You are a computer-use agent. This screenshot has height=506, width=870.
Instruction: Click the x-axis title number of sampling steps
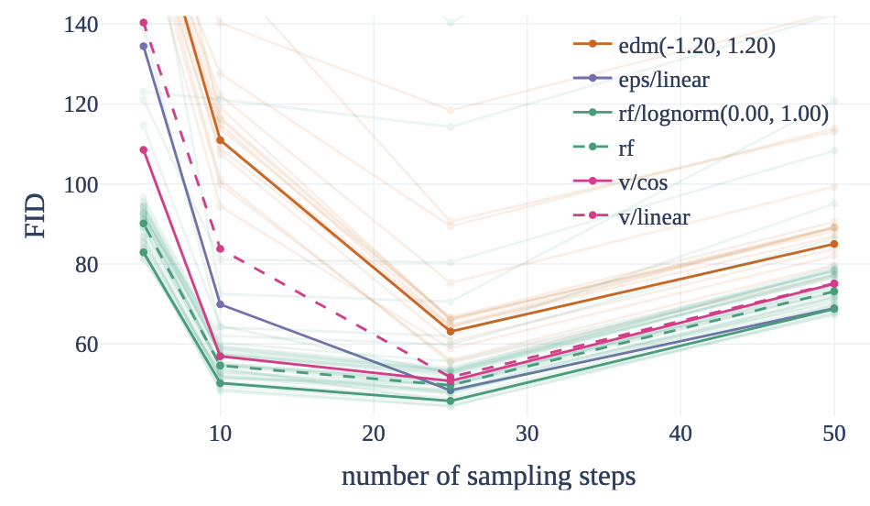pos(488,477)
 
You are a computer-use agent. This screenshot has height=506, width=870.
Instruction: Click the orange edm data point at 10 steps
pos(220,140)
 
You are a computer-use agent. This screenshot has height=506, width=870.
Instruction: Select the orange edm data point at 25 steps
pos(450,331)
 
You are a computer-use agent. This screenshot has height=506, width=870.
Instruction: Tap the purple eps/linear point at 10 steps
pos(220,304)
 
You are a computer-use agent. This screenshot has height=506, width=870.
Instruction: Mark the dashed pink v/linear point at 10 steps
pos(220,248)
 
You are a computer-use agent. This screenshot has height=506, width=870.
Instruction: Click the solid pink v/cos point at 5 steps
pos(144,149)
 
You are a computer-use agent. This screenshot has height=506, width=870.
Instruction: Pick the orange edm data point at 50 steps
pos(833,244)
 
